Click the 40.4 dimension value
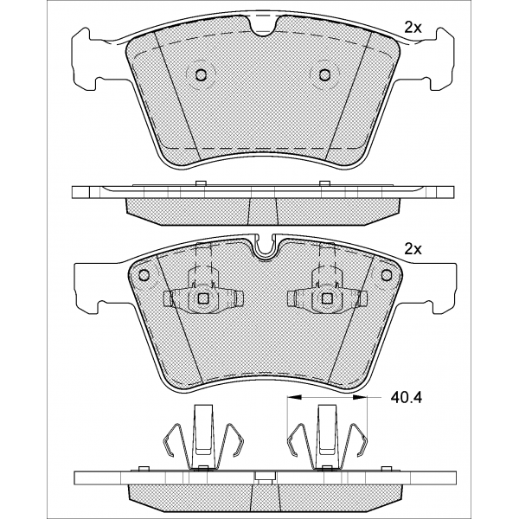click(x=407, y=397)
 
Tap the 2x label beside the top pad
click(x=413, y=29)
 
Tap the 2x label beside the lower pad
click(x=413, y=250)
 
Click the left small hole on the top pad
click(x=201, y=74)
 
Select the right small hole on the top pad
click(x=324, y=74)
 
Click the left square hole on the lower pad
click(x=202, y=298)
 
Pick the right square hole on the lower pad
click(x=327, y=298)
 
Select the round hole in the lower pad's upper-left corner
click(x=144, y=275)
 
